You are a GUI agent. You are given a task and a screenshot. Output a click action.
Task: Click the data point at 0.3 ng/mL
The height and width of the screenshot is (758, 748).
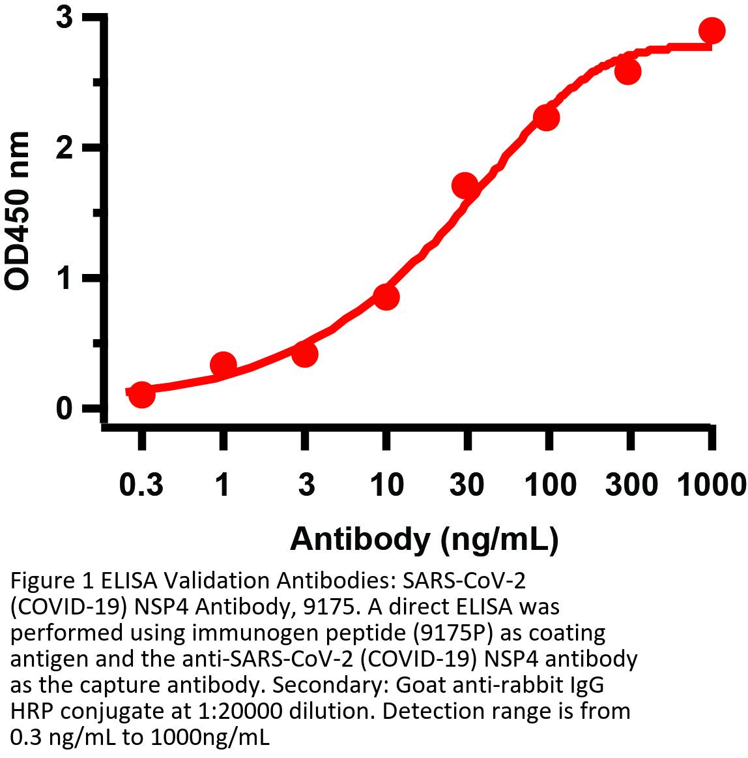[141, 394]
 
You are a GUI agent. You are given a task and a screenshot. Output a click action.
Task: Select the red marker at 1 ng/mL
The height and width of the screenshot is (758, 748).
[223, 365]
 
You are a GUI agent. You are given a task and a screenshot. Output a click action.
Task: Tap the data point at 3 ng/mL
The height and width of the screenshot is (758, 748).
[304, 354]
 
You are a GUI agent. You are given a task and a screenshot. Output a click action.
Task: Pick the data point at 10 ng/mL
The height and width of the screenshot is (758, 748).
[386, 297]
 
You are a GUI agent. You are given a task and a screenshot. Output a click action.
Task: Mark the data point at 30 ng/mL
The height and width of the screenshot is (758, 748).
[465, 186]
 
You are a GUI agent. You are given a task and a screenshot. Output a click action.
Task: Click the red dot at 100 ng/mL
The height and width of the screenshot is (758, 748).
[547, 117]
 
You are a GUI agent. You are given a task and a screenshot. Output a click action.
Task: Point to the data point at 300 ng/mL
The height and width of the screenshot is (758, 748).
[628, 71]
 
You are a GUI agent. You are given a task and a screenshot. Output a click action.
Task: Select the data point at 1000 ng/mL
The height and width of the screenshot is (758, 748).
[712, 30]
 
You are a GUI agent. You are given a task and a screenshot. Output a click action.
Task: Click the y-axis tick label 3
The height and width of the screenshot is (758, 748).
[64, 18]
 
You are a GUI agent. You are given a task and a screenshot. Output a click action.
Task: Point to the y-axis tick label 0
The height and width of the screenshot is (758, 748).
[64, 408]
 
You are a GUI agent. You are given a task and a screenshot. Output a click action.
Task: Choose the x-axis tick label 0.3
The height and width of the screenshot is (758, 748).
[141, 485]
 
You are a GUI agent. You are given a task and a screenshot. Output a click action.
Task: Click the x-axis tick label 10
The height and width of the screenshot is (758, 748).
[386, 485]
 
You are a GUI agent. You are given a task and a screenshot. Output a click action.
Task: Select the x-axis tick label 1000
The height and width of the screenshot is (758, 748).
[711, 485]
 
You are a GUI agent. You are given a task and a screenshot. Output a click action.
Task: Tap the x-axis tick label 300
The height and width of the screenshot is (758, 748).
[629, 485]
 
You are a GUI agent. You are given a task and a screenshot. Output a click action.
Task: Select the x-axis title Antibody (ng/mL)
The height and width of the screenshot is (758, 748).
[424, 539]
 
